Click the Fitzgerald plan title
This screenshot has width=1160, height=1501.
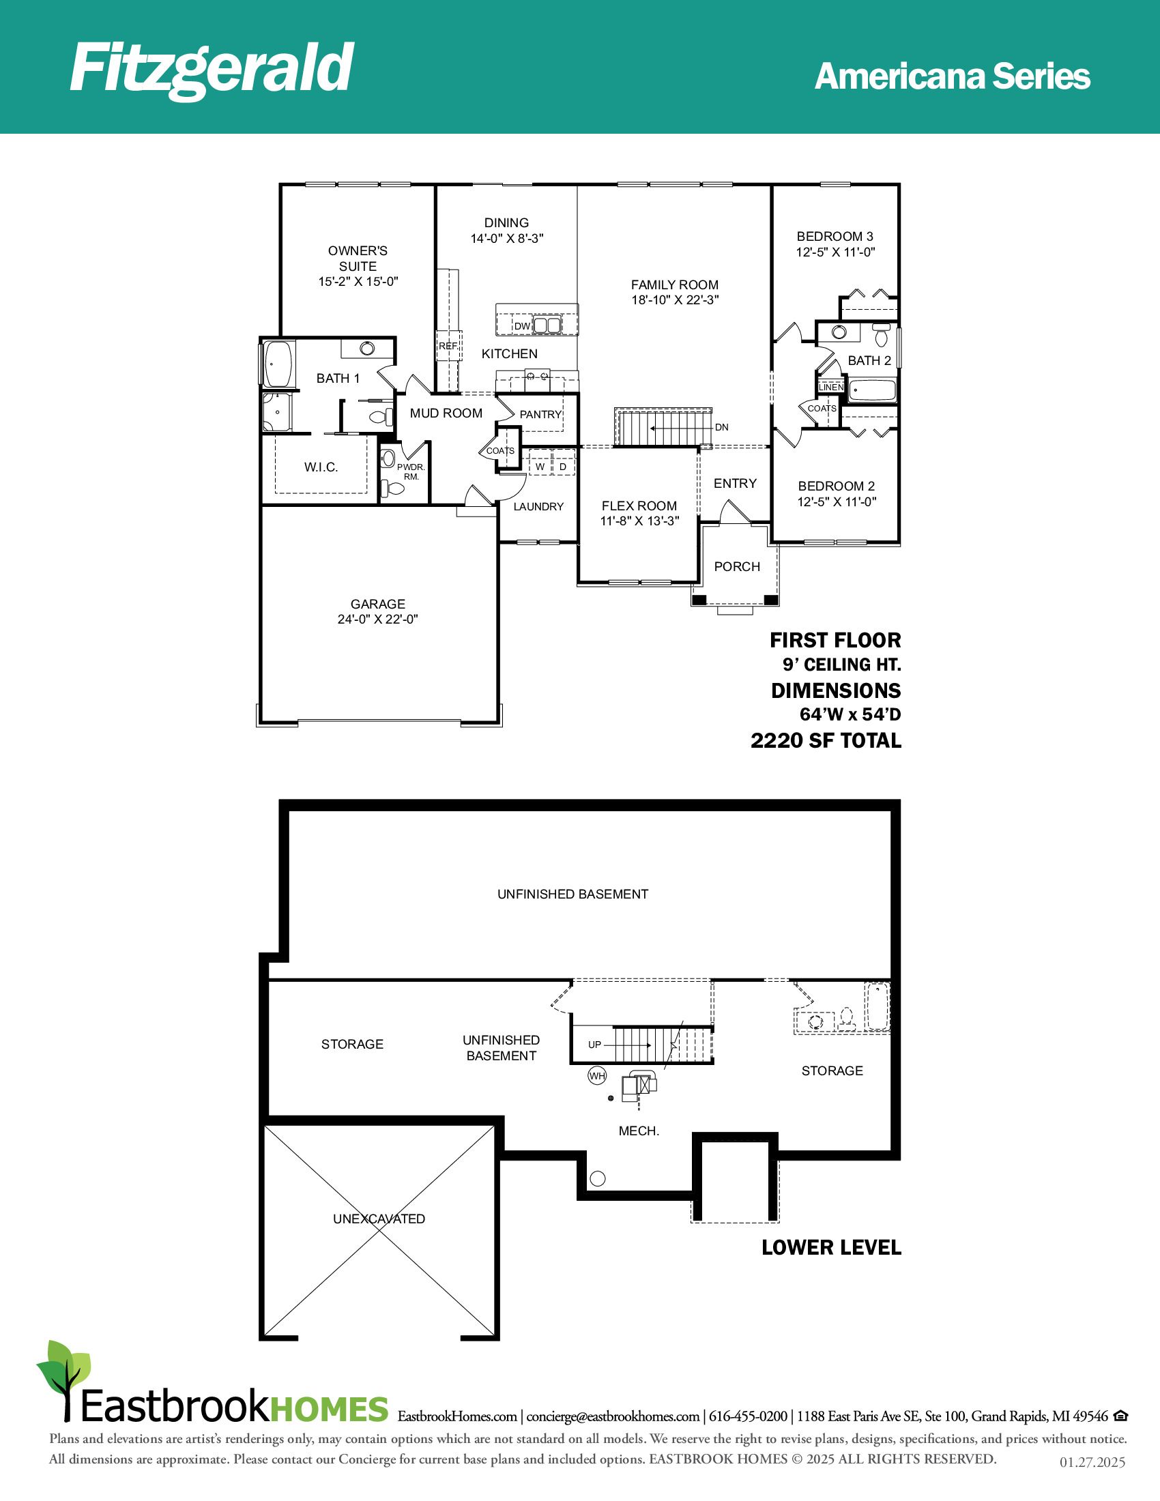212,69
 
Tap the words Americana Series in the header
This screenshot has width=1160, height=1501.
953,76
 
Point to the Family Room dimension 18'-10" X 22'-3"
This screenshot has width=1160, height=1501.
676,300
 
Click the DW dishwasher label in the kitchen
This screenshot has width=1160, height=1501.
522,325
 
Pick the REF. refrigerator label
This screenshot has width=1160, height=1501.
448,346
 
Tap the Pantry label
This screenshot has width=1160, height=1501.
541,414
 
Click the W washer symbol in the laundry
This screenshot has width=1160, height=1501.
540,467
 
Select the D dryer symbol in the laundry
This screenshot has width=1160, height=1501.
563,467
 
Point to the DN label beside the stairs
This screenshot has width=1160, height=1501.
721,428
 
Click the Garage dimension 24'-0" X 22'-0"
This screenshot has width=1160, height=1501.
378,620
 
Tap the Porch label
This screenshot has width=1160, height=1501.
738,566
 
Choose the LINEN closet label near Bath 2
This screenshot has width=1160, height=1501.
831,387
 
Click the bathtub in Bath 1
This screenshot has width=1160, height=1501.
278,364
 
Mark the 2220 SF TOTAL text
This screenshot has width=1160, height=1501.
826,740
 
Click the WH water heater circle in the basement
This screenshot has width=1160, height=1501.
597,1075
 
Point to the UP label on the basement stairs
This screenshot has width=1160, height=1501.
594,1045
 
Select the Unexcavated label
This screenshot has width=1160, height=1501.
379,1219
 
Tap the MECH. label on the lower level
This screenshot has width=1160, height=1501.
639,1131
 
